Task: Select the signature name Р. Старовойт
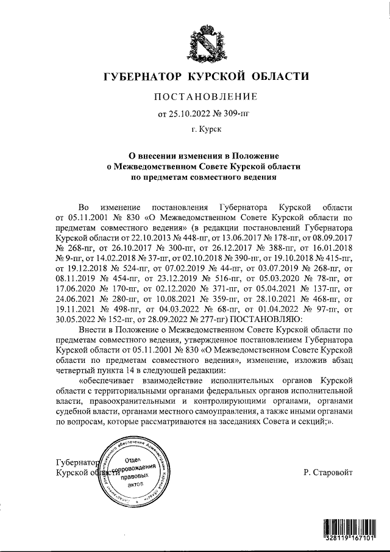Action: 327,472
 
